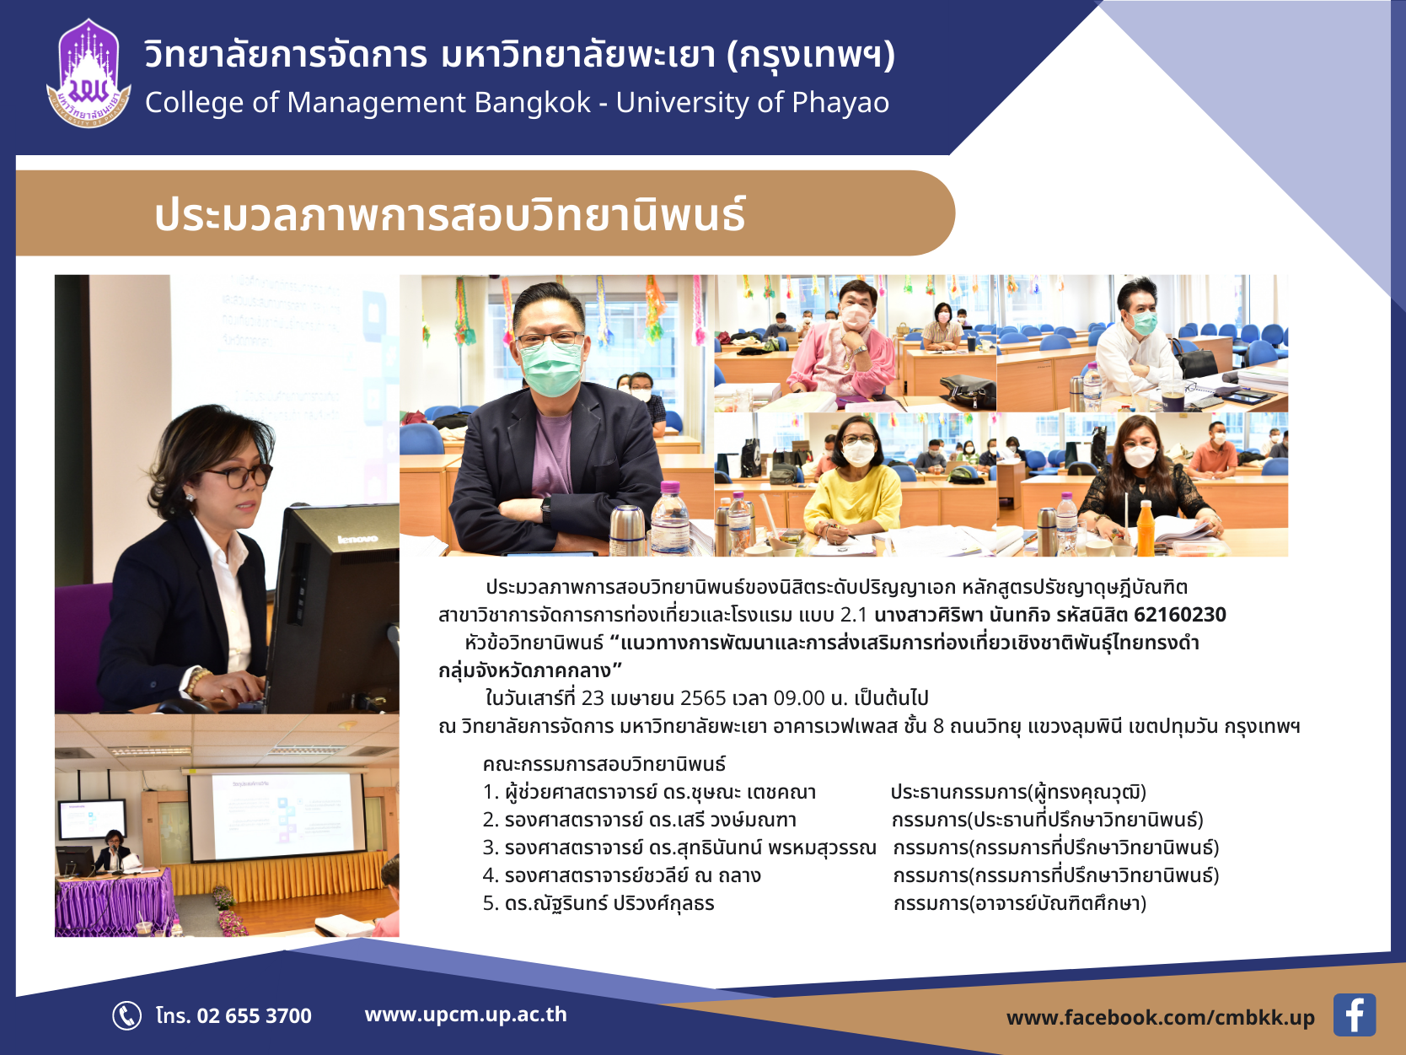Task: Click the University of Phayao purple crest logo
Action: click(89, 73)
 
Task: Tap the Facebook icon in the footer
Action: click(1354, 1015)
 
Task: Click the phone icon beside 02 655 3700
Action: click(126, 1015)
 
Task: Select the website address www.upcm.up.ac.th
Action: click(465, 1015)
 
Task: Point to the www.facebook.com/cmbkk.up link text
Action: click(1160, 1018)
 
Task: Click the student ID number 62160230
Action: click(1180, 615)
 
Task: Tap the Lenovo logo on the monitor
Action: click(357, 539)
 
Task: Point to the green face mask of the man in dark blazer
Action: click(551, 368)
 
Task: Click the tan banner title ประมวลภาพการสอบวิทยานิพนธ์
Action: click(449, 213)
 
